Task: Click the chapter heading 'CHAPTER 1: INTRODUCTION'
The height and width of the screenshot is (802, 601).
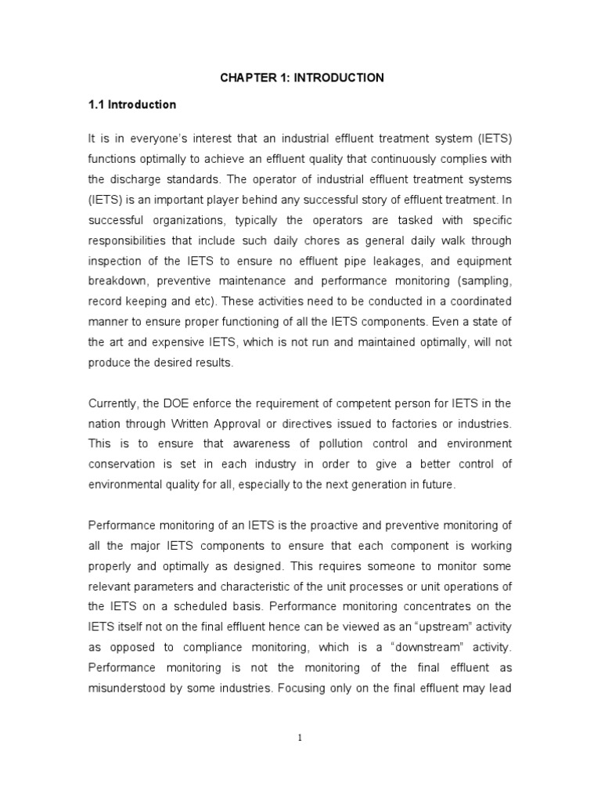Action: point(300,78)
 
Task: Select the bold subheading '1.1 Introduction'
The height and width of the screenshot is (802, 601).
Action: point(131,104)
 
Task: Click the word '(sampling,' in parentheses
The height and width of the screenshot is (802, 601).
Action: point(483,281)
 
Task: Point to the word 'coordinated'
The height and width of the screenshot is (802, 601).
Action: point(476,302)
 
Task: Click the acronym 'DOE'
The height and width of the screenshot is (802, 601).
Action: point(176,403)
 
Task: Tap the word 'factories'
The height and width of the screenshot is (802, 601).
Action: point(407,424)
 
